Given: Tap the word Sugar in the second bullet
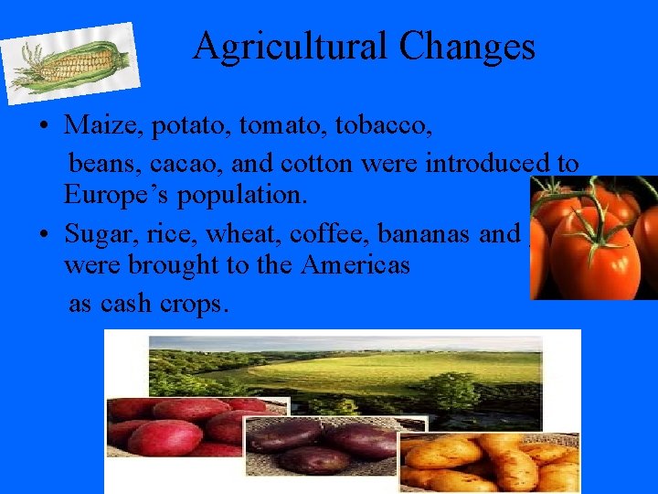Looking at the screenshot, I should (x=97, y=234).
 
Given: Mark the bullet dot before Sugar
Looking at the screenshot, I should (x=44, y=235).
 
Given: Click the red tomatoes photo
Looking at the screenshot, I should (x=594, y=238).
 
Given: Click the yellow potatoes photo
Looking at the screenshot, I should (x=493, y=462).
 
